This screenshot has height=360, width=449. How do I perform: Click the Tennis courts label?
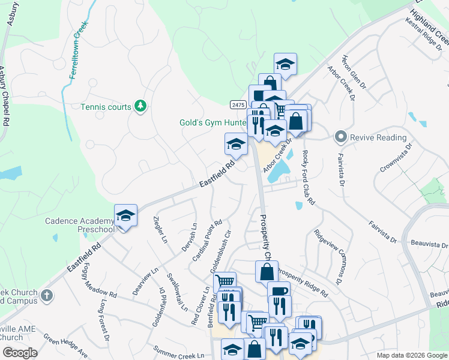[106, 107]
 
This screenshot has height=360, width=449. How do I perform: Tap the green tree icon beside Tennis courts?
[140, 106]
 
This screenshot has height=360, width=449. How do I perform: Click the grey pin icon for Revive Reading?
[341, 137]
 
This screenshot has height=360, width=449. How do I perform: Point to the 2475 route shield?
[237, 104]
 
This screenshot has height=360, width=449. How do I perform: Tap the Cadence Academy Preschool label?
[79, 225]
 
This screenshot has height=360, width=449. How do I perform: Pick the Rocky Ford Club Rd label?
[308, 177]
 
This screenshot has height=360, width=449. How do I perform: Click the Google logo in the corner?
[20, 353]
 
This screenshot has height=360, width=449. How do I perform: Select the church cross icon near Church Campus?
[47, 296]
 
